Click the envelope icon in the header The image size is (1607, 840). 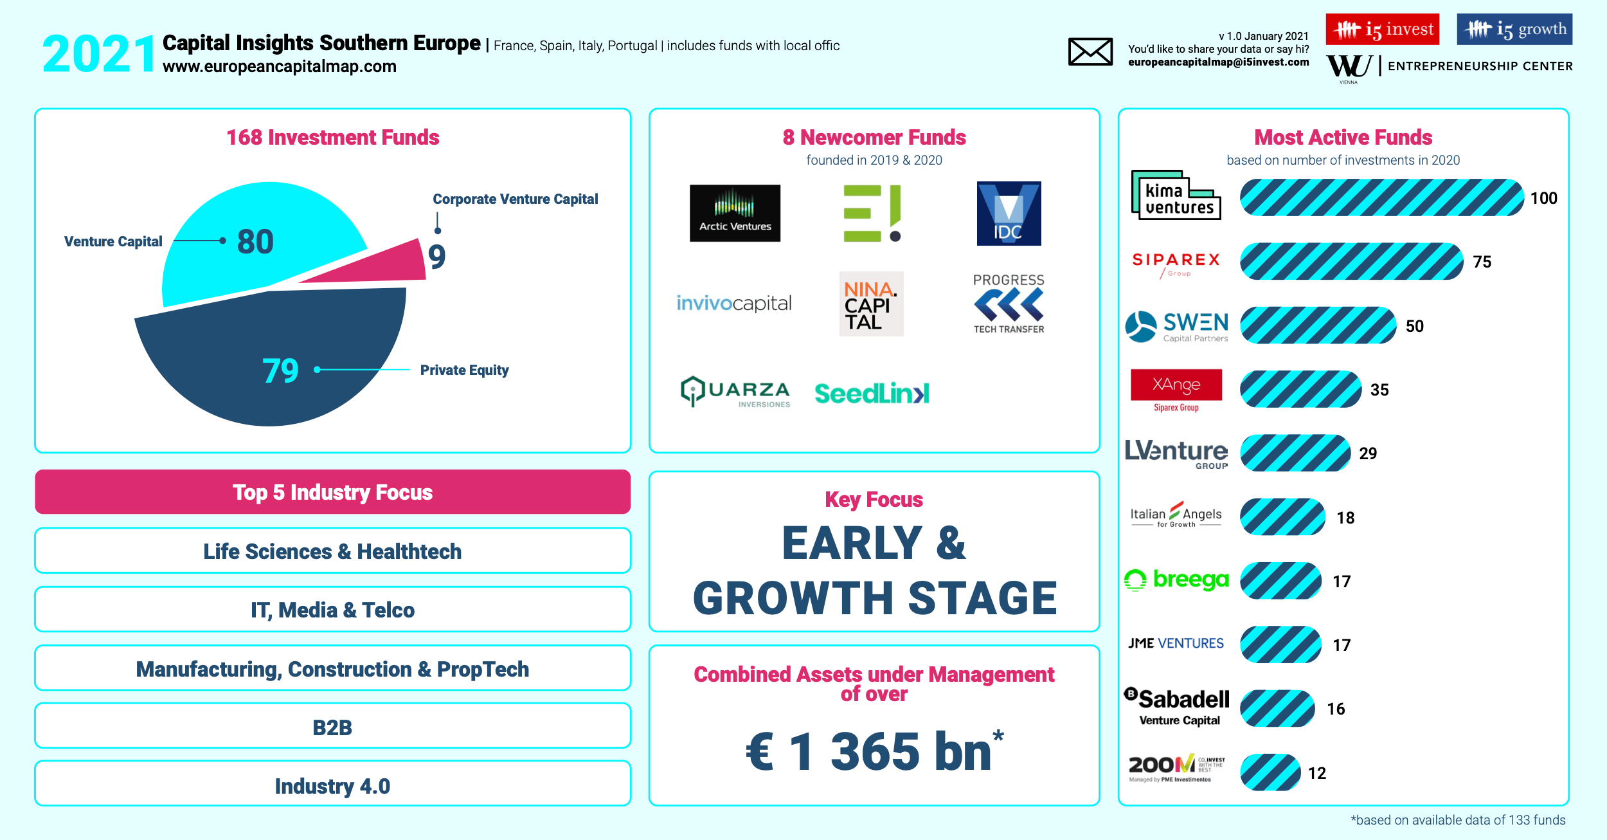click(1090, 51)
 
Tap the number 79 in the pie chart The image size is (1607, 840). click(281, 370)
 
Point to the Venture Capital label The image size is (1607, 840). click(113, 241)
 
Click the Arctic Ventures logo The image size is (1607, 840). click(735, 213)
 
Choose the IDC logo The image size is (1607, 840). click(1009, 213)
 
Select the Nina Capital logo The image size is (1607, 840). click(871, 304)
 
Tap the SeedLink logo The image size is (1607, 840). click(872, 393)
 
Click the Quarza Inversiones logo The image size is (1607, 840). click(735, 391)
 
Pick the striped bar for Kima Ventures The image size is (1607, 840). click(1381, 197)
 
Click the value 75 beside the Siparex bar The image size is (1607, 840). click(1482, 262)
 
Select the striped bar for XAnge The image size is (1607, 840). click(1300, 389)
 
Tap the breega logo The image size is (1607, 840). click(1176, 580)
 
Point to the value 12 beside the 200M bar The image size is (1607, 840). click(1317, 773)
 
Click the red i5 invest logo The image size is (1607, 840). click(1382, 29)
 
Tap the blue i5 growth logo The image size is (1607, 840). click(1514, 29)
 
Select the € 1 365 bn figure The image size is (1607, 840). click(874, 751)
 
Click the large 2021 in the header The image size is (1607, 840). click(99, 54)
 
